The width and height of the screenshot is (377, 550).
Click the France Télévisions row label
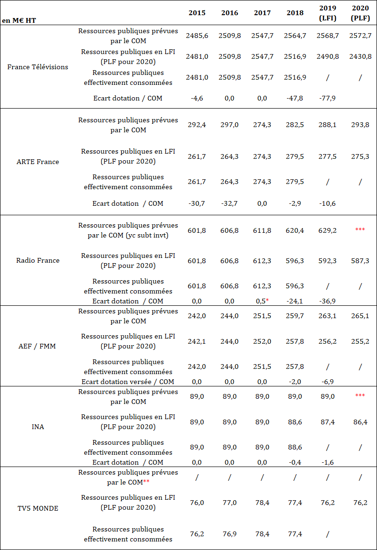(x=38, y=67)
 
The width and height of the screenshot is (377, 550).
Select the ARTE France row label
(x=38, y=162)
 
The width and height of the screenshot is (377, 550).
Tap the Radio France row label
(x=38, y=260)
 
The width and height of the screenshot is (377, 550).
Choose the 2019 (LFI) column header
(x=328, y=13)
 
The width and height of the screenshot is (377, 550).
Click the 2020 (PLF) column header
(x=360, y=13)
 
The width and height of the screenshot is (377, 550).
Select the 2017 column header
(x=262, y=13)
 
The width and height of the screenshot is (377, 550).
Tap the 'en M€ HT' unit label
(x=19, y=20)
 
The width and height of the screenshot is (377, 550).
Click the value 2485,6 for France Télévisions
(x=197, y=36)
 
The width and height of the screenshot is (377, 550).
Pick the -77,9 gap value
(x=328, y=98)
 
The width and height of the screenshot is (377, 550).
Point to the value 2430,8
(x=360, y=56)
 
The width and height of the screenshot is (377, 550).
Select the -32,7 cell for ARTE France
(x=230, y=203)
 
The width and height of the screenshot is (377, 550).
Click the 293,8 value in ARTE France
(x=360, y=125)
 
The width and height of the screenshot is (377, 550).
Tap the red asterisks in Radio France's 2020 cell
(x=360, y=230)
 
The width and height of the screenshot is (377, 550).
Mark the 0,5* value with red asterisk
(x=262, y=301)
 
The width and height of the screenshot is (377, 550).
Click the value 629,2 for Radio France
(x=328, y=230)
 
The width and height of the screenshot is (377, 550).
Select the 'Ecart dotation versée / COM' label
(x=128, y=382)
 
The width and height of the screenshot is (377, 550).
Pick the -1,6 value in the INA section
(x=328, y=462)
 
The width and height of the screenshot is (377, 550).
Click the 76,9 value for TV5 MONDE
(x=230, y=534)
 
